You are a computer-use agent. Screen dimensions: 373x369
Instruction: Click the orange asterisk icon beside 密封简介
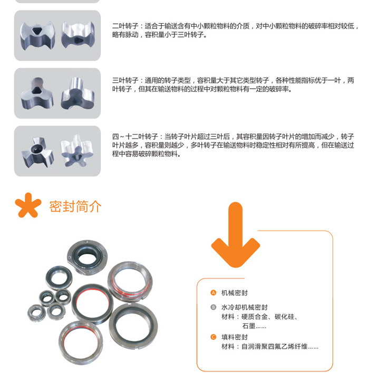click(27, 205)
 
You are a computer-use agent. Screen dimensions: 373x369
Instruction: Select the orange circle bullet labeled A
click(213, 293)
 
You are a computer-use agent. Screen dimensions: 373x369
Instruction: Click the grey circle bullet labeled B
click(213, 308)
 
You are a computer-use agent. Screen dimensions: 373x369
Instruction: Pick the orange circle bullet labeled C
click(213, 337)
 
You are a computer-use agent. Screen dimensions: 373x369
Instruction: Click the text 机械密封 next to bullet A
click(234, 293)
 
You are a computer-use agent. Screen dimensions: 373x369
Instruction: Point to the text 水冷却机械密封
click(244, 308)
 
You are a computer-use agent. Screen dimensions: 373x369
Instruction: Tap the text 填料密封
click(234, 337)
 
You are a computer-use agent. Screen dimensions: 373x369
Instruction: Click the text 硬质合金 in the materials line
click(255, 317)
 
